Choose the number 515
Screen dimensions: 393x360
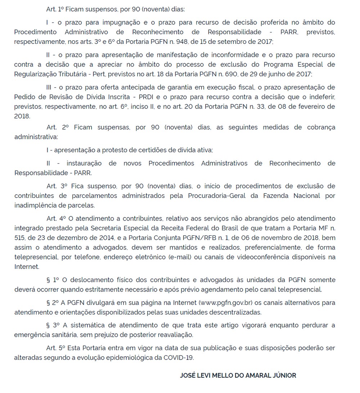pos(20,238)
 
